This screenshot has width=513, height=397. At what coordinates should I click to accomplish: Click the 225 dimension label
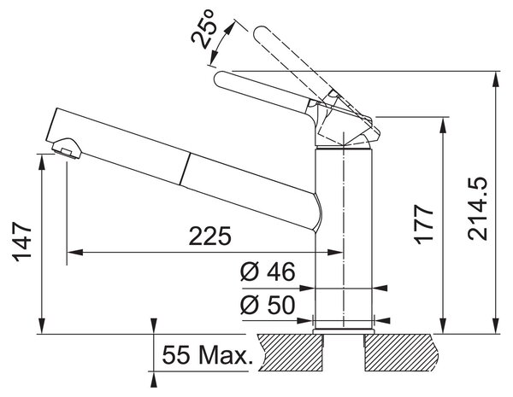click(209, 236)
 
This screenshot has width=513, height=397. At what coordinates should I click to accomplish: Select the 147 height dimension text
click(22, 242)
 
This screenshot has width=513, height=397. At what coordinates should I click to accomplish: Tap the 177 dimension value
click(424, 225)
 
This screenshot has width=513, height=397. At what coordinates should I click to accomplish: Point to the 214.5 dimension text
click(477, 209)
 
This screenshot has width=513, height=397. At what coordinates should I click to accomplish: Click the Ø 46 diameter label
click(268, 271)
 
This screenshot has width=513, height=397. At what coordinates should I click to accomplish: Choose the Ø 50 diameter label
click(268, 305)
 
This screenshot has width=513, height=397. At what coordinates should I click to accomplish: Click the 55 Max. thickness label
click(208, 355)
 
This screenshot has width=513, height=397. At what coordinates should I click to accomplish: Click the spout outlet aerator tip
click(67, 149)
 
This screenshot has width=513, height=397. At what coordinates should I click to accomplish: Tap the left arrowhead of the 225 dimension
click(74, 252)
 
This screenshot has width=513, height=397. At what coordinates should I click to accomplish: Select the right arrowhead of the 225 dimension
click(336, 252)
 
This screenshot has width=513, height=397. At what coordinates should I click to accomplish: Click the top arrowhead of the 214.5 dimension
click(497, 79)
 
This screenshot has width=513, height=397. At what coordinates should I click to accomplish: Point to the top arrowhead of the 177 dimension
click(443, 125)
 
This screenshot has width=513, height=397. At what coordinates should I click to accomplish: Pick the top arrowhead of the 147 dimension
click(42, 161)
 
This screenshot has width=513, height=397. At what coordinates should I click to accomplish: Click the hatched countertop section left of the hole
click(290, 353)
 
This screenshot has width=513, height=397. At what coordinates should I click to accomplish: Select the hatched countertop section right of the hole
click(402, 353)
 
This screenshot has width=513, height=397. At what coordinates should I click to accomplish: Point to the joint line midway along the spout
click(184, 168)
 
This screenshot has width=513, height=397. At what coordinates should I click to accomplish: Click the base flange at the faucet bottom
click(343, 331)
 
